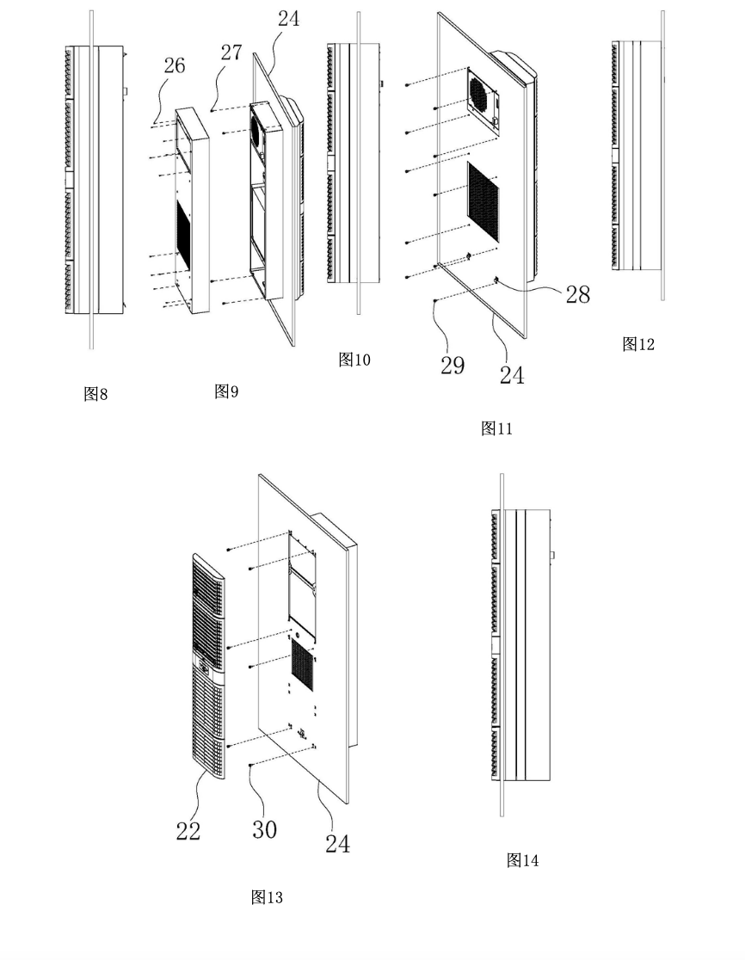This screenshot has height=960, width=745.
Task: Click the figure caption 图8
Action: pyautogui.click(x=95, y=394)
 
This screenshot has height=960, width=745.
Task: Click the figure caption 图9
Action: pyautogui.click(x=226, y=391)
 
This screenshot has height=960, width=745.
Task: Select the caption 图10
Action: pyautogui.click(x=354, y=360)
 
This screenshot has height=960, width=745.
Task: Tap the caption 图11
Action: pyautogui.click(x=496, y=428)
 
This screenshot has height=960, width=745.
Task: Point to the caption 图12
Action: pyautogui.click(x=638, y=344)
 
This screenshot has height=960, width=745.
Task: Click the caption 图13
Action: pyautogui.click(x=267, y=897)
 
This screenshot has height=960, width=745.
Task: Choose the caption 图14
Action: pyautogui.click(x=522, y=859)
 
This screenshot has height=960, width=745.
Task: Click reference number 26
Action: pyautogui.click(x=175, y=66)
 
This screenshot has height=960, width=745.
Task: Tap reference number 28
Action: pyautogui.click(x=577, y=293)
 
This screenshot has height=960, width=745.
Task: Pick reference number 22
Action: pyautogui.click(x=188, y=830)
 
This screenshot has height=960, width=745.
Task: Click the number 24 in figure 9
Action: pyautogui.click(x=289, y=18)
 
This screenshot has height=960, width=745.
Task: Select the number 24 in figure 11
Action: pyautogui.click(x=511, y=374)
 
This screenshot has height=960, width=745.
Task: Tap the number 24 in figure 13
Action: pyautogui.click(x=337, y=844)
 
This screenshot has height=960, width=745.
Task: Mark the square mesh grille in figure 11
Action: pyautogui.click(x=483, y=200)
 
